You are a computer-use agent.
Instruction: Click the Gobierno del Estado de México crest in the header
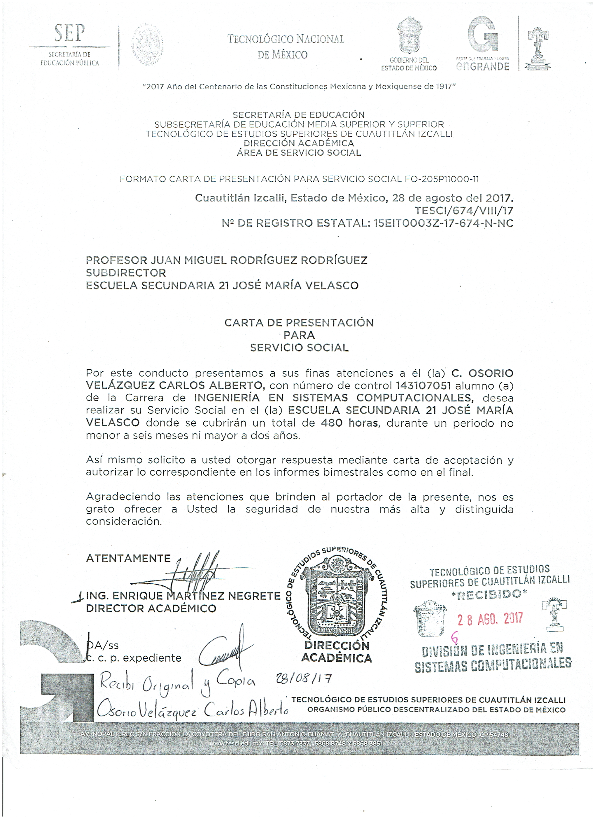409,35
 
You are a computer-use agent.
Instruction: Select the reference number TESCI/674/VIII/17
464,211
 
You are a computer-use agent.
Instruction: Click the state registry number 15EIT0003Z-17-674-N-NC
443,223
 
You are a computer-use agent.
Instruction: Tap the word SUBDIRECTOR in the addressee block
126,273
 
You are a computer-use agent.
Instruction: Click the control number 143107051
423,386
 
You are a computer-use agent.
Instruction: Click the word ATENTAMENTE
128,558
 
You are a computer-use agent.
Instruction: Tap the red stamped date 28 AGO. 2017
490,620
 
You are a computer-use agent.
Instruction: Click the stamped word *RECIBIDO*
489,594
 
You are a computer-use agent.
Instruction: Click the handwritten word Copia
236,680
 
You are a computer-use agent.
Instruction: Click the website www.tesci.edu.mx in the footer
236,744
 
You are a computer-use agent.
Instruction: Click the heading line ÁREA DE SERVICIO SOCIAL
299,153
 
